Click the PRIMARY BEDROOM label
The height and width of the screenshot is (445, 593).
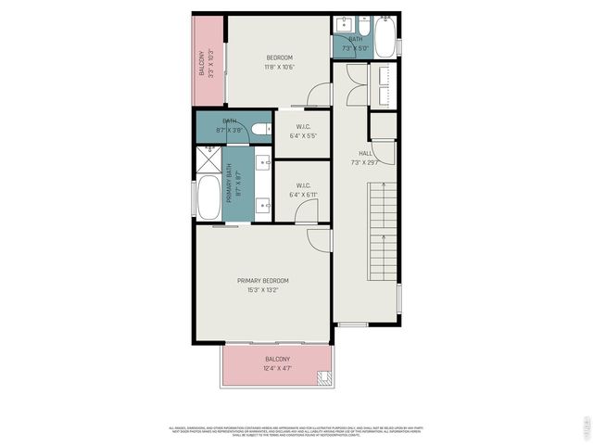(263, 281)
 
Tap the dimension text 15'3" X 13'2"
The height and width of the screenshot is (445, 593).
(263, 291)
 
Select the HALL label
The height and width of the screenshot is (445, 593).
(365, 153)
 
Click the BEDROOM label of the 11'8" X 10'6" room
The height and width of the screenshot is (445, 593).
(280, 58)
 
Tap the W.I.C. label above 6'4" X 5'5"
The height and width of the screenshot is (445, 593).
(302, 127)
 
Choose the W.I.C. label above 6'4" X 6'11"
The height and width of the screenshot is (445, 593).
(302, 185)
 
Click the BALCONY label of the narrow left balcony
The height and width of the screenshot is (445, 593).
(201, 64)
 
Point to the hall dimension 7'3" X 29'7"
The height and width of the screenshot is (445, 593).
(365, 163)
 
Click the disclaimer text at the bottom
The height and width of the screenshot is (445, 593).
(295, 430)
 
